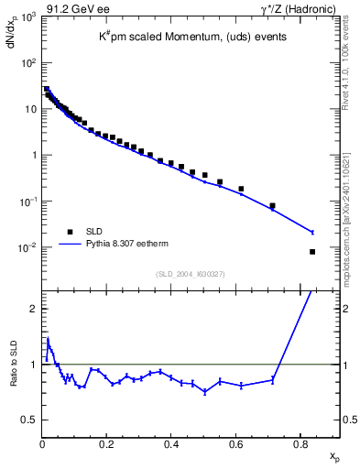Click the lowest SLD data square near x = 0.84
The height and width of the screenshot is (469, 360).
coord(312,252)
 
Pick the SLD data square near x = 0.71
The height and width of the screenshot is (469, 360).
coord(272,206)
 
